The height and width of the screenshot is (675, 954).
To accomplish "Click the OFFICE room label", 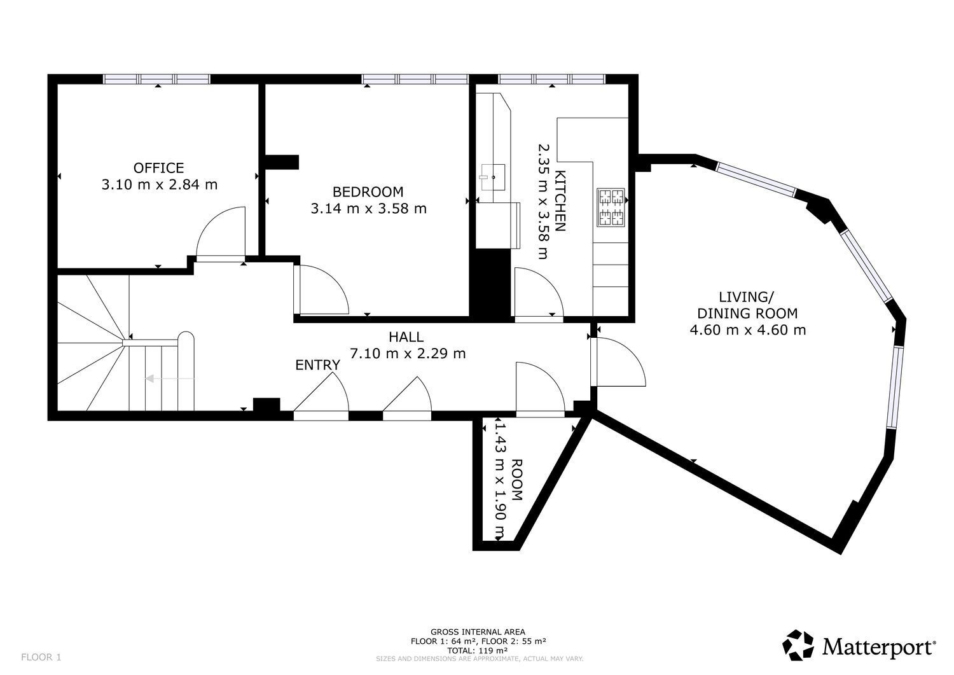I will click(x=158, y=168).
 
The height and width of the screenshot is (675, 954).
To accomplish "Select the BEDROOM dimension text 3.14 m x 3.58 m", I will click(x=368, y=208).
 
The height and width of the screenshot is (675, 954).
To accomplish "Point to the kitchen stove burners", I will click(x=611, y=207).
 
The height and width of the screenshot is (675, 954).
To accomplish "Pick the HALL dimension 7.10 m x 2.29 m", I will click(x=408, y=353).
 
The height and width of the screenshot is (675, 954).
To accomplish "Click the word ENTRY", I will click(x=317, y=365).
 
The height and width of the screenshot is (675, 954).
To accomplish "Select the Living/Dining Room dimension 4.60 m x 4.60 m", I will click(x=747, y=330).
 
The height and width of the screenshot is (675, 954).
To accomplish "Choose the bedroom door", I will click(x=321, y=290).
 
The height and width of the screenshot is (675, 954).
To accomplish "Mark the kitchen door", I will click(x=537, y=292).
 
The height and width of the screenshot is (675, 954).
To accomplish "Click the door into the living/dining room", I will click(x=617, y=363).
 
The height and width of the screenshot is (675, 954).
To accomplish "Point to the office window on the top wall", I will click(x=156, y=80).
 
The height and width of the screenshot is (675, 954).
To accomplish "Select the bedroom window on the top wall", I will click(x=415, y=80).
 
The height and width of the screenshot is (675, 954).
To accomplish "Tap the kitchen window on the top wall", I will click(x=551, y=80).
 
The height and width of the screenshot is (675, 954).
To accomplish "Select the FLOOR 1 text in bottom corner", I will click(x=41, y=657).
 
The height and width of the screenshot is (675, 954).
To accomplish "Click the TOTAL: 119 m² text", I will click(x=478, y=651).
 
